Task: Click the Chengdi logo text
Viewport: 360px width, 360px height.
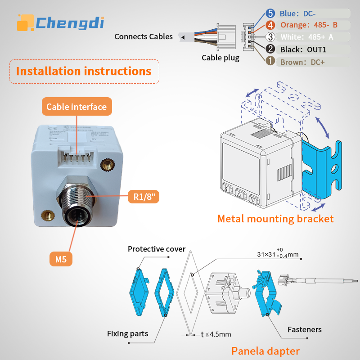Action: click(69, 22)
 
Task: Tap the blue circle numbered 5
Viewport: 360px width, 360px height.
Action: click(270, 14)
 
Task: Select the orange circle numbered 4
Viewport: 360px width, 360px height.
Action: click(270, 25)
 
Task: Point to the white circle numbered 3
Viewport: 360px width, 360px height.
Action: click(270, 37)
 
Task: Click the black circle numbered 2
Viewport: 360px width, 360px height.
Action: click(270, 49)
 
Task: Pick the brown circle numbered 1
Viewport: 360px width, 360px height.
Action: click(270, 61)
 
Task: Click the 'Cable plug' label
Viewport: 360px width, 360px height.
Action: click(220, 58)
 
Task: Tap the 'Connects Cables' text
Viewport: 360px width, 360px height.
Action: click(143, 36)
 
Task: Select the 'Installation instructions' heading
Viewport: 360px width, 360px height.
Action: click(84, 71)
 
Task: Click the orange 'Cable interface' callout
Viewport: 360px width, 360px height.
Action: click(76, 107)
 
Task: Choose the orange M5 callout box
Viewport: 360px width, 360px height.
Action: click(61, 259)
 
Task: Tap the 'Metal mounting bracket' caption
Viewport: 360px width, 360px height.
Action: click(275, 219)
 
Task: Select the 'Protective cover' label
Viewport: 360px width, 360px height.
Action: click(157, 249)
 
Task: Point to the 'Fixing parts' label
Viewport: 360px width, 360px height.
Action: click(128, 333)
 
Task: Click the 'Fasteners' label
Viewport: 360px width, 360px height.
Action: click(305, 330)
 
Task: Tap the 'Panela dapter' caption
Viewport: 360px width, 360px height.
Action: click(265, 351)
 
